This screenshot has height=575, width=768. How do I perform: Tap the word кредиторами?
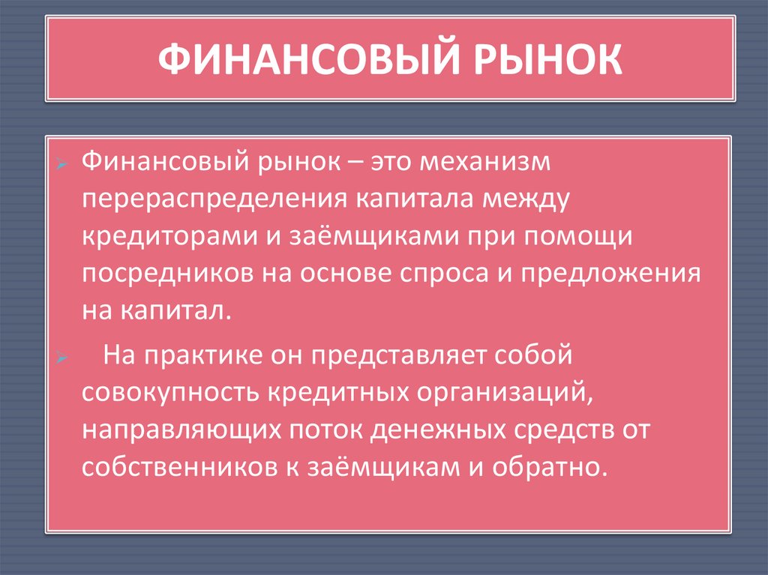point(164,236)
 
